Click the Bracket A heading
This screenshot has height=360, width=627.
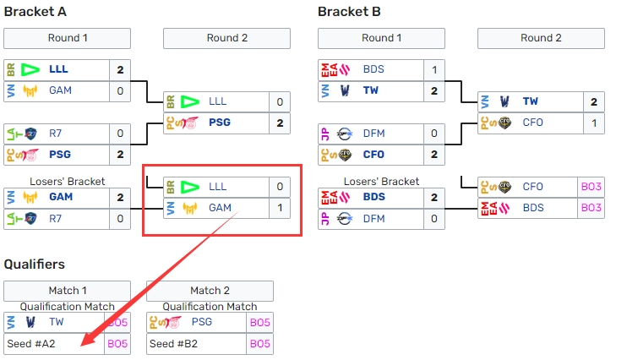click(35, 11)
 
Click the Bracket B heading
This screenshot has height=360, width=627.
click(349, 11)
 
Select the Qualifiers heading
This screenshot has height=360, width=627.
click(35, 264)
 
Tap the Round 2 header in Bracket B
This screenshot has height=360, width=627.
click(541, 38)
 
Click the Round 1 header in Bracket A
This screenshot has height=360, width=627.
click(68, 38)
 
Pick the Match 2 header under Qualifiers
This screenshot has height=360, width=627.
click(210, 291)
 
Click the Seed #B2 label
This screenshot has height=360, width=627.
click(173, 344)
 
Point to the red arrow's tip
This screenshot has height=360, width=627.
click(83, 345)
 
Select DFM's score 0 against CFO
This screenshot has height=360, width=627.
click(434, 133)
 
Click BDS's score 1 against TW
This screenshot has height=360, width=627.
click(434, 69)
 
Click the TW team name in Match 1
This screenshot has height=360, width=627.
click(57, 322)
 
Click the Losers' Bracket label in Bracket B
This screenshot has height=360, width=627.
click(381, 181)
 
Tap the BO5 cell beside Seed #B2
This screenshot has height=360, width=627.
click(260, 344)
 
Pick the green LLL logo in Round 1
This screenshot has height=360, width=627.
click(31, 69)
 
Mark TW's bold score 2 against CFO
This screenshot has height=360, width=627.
click(593, 101)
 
